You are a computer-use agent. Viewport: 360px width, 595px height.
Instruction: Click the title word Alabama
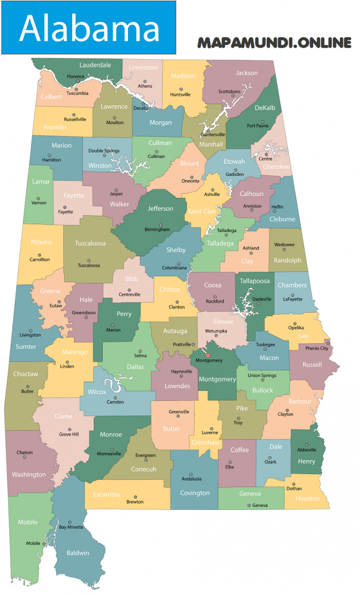[89, 28]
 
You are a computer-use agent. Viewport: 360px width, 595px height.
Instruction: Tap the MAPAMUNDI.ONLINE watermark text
[274, 43]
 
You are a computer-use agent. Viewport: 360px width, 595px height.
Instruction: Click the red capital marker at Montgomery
[208, 355]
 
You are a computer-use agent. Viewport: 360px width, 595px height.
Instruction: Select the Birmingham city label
[157, 230]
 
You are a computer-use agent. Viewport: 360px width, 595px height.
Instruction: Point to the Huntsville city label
[180, 94]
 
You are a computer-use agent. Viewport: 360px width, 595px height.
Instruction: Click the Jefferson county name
[160, 209]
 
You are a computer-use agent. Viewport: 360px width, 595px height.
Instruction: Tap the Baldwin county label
[78, 553]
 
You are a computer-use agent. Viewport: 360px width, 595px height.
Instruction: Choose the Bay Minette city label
[71, 527]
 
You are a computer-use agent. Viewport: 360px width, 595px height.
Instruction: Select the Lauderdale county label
[95, 65]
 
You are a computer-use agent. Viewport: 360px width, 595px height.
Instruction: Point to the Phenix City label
[317, 348]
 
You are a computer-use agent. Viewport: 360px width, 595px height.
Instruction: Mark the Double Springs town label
[104, 151]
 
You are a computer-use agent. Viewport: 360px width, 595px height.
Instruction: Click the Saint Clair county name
[202, 211]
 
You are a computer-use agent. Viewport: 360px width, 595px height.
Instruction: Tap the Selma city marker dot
[140, 351]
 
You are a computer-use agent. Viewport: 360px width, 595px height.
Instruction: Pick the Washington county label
[29, 474]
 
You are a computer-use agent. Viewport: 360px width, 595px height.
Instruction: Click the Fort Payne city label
[258, 126]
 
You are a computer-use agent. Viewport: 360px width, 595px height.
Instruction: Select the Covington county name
[195, 493]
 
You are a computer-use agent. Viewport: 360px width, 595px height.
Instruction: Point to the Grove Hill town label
[69, 435]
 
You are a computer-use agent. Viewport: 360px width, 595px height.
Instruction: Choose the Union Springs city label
[262, 376]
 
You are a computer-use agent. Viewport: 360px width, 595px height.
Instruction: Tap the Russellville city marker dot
[74, 114]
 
